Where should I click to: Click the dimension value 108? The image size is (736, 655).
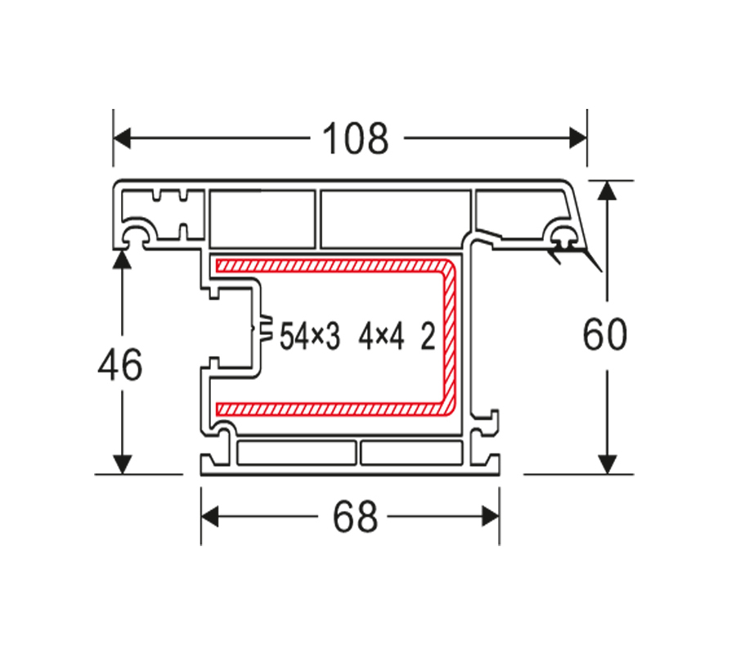pyautogui.click(x=356, y=138)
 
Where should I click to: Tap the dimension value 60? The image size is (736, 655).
pyautogui.click(x=605, y=334)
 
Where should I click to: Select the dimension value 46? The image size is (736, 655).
pyautogui.click(x=120, y=364)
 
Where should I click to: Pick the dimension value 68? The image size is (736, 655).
pyautogui.click(x=355, y=517)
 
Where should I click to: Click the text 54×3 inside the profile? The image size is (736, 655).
pyautogui.click(x=310, y=337)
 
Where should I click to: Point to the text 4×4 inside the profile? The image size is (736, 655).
pyautogui.click(x=381, y=337)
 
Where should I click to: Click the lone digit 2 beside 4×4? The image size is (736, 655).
pyautogui.click(x=428, y=337)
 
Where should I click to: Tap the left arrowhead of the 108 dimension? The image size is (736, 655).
pyautogui.click(x=122, y=138)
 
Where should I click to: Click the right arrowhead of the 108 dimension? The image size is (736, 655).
pyautogui.click(x=578, y=138)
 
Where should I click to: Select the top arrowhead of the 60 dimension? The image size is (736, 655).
pyautogui.click(x=608, y=190)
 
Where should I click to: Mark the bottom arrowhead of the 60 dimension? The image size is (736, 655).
pyautogui.click(x=608, y=464)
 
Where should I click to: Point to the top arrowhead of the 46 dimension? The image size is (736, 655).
pyautogui.click(x=122, y=260)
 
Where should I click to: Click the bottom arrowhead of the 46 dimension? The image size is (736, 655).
pyautogui.click(x=122, y=464)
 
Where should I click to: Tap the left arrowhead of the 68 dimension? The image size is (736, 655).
pyautogui.click(x=210, y=517)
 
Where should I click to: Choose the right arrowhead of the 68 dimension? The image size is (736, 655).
pyautogui.click(x=491, y=517)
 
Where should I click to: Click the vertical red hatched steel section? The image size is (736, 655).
pyautogui.click(x=449, y=337)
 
